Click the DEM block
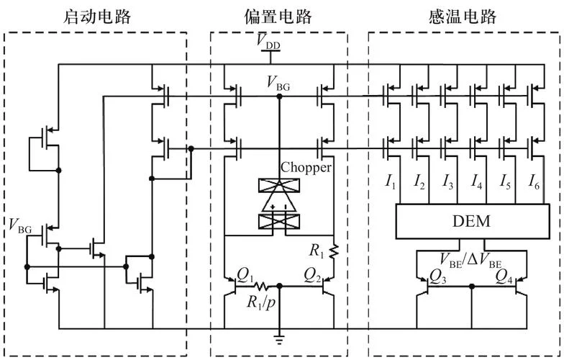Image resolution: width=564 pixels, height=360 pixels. click(473, 222)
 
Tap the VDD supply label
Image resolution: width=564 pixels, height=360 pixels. click(268, 41)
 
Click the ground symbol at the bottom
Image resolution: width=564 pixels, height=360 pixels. click(279, 338)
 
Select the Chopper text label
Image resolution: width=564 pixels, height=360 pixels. click(306, 167)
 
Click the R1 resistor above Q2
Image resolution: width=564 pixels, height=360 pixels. click(334, 251)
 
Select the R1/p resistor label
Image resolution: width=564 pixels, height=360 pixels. click(261, 302)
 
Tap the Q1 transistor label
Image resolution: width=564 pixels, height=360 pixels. click(245, 276)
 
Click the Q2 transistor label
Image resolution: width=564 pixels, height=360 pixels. click(313, 276)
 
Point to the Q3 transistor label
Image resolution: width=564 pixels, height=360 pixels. click(437, 276)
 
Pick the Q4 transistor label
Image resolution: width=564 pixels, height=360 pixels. click(504, 276)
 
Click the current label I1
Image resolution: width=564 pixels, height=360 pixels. click(391, 181)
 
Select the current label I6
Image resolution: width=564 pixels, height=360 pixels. click(534, 181)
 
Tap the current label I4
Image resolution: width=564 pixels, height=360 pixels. click(476, 181)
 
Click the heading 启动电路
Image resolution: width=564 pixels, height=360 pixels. click(96, 17)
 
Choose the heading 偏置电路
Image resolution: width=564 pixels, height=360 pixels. click(278, 17)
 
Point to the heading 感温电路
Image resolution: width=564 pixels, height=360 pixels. click(463, 17)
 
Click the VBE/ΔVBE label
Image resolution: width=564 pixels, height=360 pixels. click(470, 261)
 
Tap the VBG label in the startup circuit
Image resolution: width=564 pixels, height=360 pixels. click(20, 226)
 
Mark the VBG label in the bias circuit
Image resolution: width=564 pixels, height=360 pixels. click(278, 84)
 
